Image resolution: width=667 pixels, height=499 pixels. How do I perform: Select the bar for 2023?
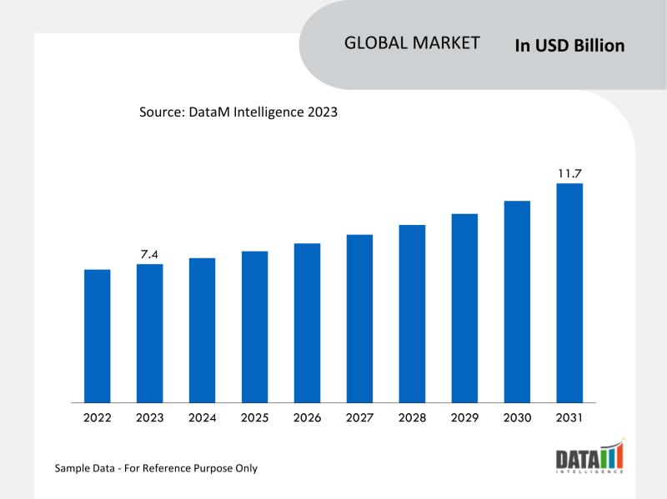150,333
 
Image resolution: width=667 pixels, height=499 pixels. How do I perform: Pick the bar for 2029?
464,308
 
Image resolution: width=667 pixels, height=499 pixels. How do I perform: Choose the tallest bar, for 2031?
569,292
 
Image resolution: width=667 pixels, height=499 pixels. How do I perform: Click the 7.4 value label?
150,254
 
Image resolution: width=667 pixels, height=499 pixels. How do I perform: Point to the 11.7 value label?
569,173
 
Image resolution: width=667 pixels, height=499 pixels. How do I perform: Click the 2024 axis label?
203,417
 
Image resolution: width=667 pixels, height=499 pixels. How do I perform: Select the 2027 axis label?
359,417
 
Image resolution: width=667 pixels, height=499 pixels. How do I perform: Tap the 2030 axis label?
517,417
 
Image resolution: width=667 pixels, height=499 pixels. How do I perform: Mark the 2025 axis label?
255,417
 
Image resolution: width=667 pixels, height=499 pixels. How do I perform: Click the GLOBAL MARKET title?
412,43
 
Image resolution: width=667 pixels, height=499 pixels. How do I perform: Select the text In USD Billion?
569,46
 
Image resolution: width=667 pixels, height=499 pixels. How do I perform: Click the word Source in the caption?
161,112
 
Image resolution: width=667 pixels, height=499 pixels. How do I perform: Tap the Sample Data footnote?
156,468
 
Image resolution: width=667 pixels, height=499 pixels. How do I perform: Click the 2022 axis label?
98,417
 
